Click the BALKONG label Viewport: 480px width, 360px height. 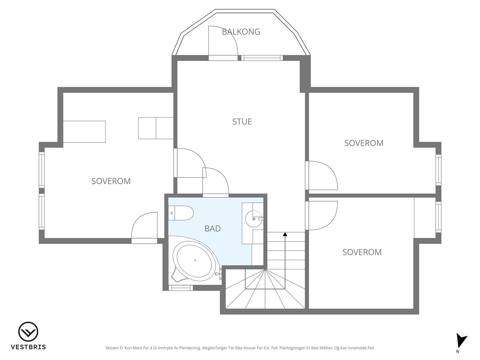coord(241,32)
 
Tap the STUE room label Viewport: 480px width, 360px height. coord(242,122)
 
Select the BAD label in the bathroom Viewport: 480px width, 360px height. coord(213,229)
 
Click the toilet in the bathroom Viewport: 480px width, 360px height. coord(181,213)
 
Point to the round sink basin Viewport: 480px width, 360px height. coord(254,219)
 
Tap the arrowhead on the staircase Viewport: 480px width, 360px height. coord(285,234)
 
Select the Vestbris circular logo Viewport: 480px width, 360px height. coord(28,331)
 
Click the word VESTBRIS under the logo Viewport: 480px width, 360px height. coord(28,347)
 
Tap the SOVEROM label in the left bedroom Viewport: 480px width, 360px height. coord(111,181)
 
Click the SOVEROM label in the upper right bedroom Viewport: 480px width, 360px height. coord(364,143)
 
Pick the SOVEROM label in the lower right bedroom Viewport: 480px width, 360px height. coord(362,252)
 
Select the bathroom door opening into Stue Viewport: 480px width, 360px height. coord(216,182)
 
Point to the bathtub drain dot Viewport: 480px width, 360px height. coord(195,260)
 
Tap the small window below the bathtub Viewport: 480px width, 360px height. coord(181,288)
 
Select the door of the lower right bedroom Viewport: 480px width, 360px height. coord(322,215)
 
